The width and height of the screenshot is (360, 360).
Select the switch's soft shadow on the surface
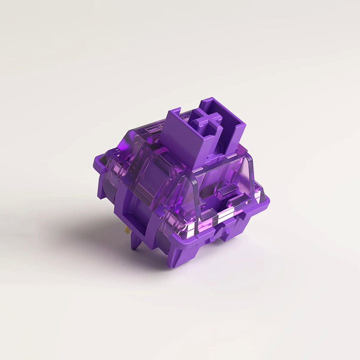[x=90, y=234]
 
